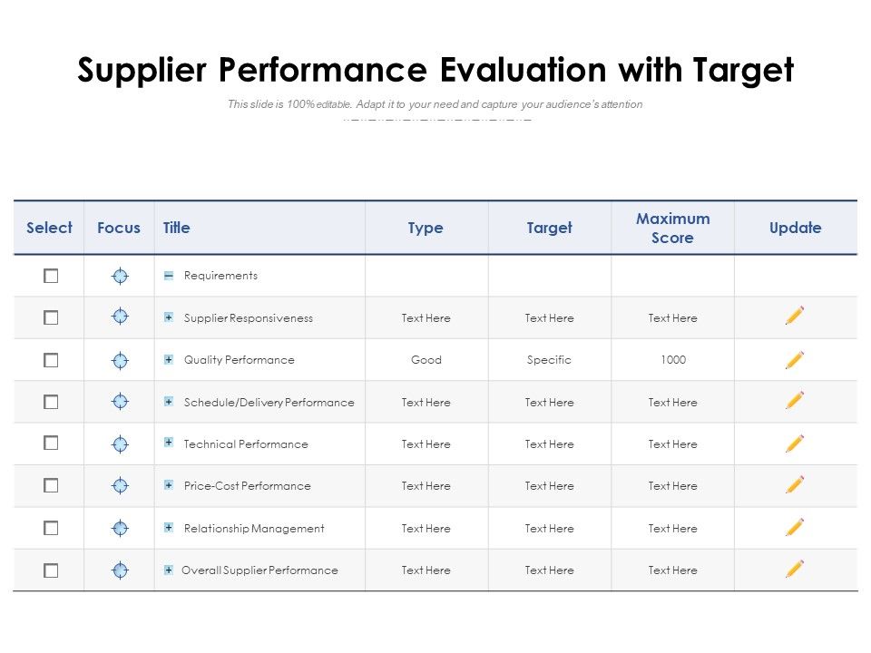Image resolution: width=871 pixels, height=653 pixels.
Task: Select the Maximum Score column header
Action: point(672,229)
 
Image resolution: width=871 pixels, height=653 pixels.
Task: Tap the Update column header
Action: point(795,229)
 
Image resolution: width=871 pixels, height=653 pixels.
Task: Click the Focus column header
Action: point(119,229)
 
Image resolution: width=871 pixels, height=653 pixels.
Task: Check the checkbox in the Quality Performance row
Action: point(51,360)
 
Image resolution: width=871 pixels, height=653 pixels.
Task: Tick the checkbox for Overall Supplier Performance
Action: point(51,570)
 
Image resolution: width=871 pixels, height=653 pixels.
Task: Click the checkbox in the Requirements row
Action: point(51,276)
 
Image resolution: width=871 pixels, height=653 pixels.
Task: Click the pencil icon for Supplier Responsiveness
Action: point(795,317)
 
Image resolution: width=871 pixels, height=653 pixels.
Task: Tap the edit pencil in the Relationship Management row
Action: point(795,527)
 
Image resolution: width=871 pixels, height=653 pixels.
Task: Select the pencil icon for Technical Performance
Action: point(795,443)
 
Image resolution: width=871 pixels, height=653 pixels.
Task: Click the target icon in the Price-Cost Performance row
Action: point(120,486)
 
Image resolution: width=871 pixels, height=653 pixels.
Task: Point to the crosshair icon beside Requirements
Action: point(120,276)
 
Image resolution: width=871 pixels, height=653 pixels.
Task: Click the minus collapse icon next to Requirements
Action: point(169,276)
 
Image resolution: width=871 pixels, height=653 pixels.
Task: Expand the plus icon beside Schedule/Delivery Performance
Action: point(169,401)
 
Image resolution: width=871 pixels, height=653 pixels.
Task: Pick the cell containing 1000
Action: point(672,360)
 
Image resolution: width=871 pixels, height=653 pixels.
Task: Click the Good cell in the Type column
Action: point(426,360)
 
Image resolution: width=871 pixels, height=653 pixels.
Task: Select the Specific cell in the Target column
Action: point(549,360)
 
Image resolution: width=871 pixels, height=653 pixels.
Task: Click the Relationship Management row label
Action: point(253,529)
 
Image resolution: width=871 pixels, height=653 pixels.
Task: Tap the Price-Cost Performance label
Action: point(247,486)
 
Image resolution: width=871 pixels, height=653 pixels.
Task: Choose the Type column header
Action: point(426,229)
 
